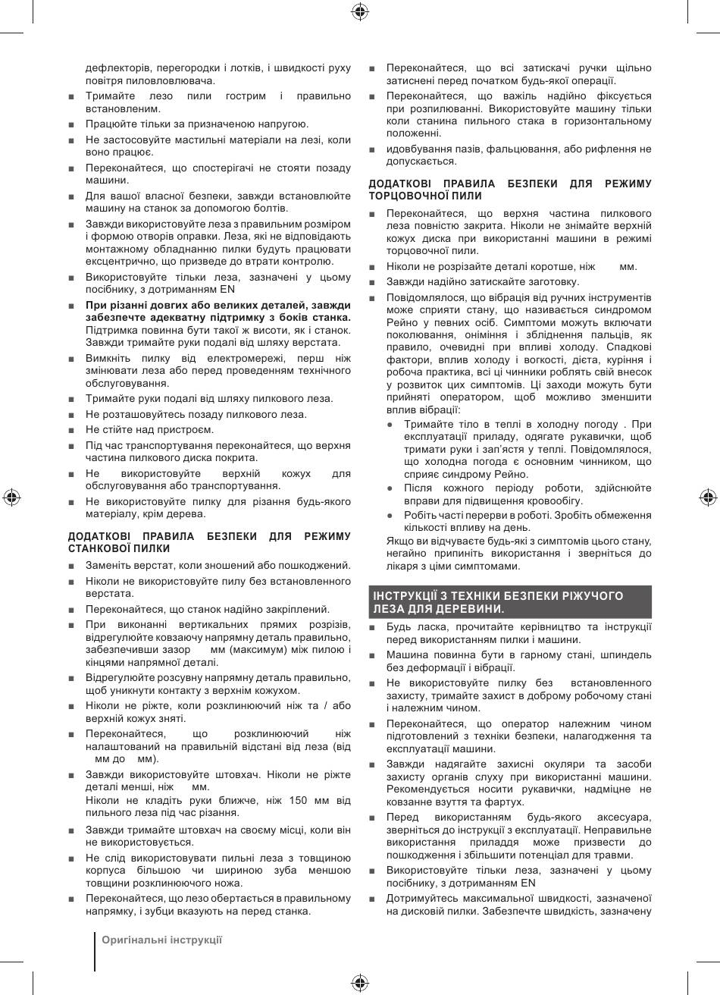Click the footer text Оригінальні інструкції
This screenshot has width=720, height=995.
[162, 939]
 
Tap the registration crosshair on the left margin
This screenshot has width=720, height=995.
[11, 497]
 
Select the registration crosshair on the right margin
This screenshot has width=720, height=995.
[708, 497]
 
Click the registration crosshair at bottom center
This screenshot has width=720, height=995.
[360, 984]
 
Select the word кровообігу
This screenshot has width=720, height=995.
[557, 501]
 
